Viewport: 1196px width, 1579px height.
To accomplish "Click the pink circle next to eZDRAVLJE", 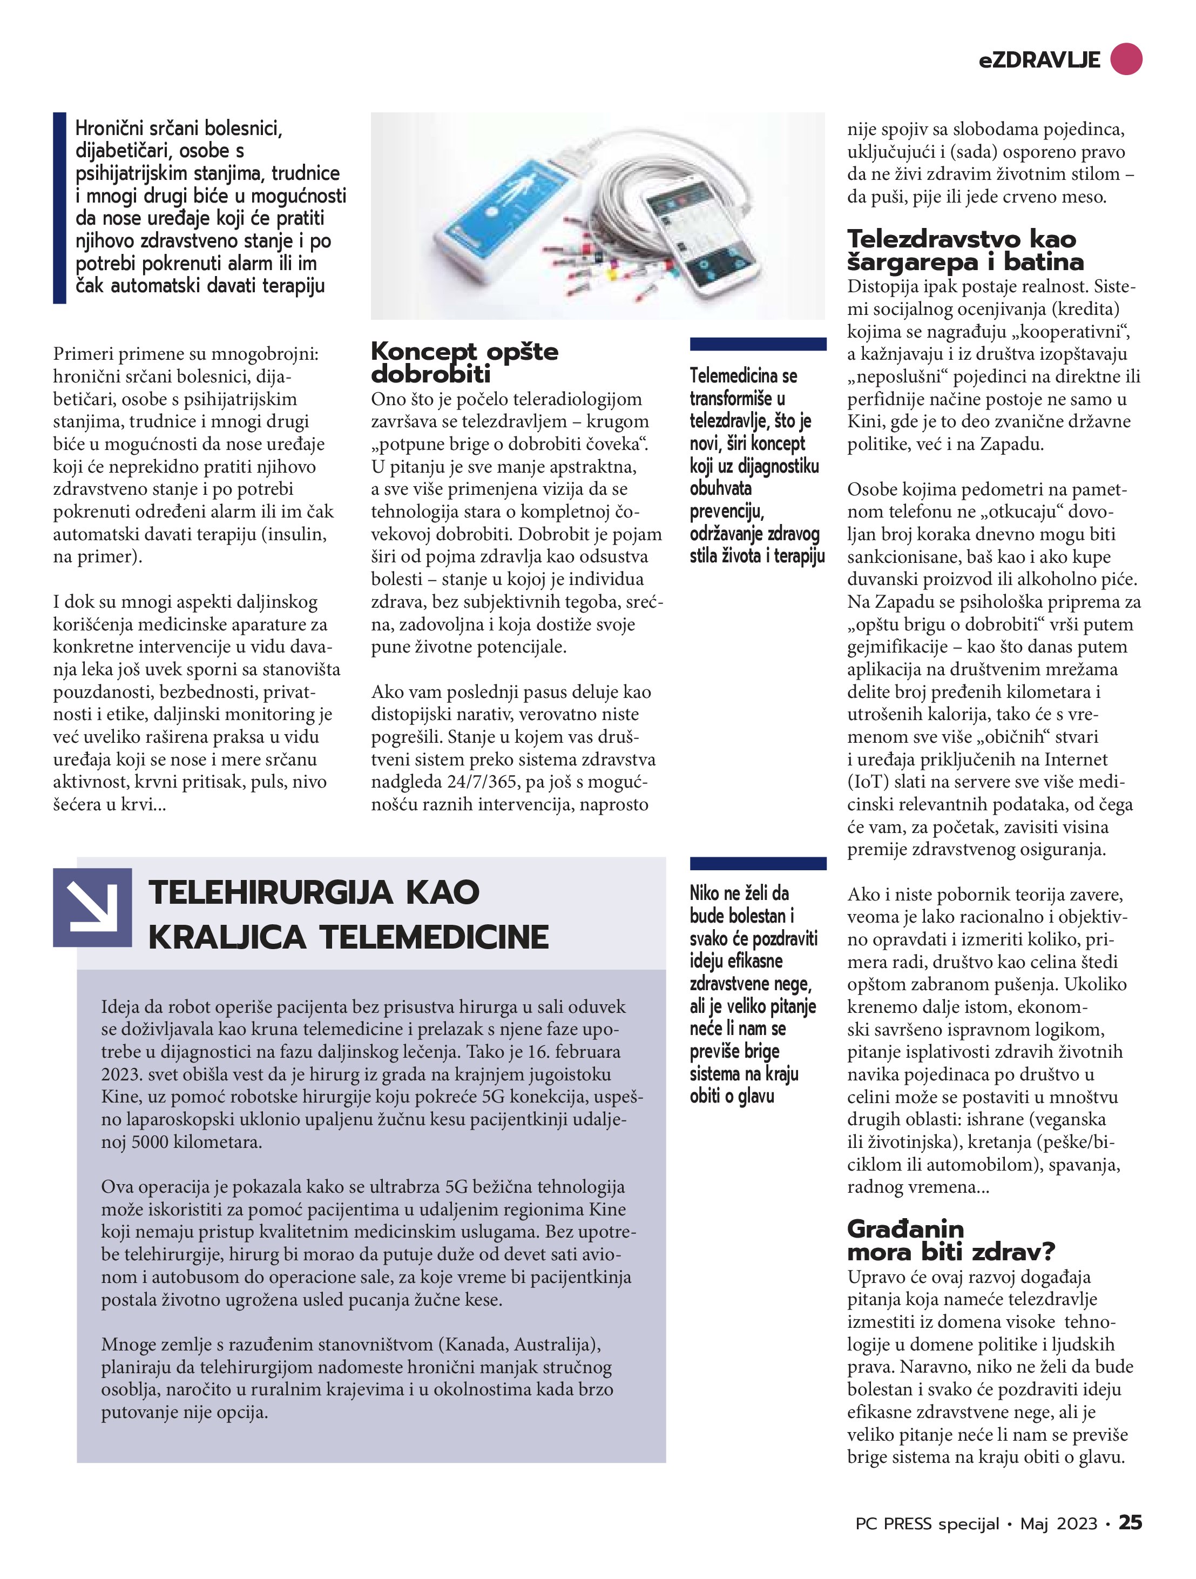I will point(1126,58).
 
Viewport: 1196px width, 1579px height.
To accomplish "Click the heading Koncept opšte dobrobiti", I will point(464,362).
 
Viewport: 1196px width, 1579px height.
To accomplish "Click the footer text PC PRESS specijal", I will point(927,1523).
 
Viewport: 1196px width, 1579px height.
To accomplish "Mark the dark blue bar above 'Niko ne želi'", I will point(758,864).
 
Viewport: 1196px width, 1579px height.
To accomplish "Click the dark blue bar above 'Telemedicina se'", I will point(758,344).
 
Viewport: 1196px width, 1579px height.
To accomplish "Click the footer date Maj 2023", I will point(1058,1523).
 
